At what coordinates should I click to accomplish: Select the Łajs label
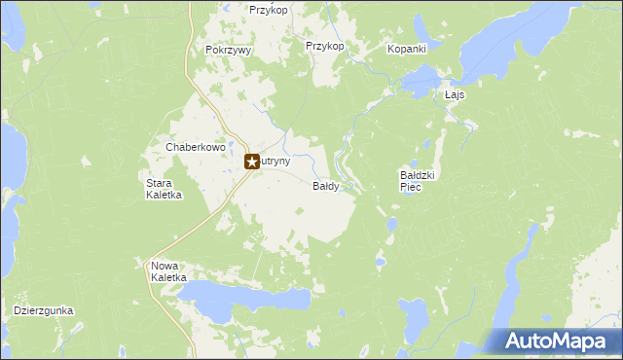pyautogui.click(x=455, y=95)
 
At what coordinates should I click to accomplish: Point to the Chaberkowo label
pyautogui.click(x=196, y=147)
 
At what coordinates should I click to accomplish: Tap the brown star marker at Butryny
pyautogui.click(x=251, y=162)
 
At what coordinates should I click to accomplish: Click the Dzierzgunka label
pyautogui.click(x=44, y=311)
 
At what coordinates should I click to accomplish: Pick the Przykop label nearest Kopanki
pyautogui.click(x=325, y=46)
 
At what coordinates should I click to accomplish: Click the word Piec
pyautogui.click(x=410, y=187)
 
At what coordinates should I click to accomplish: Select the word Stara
pyautogui.click(x=159, y=183)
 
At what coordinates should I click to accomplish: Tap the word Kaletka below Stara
pyautogui.click(x=165, y=195)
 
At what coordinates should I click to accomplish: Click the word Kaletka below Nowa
pyautogui.click(x=168, y=277)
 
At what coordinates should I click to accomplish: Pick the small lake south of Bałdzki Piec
pyautogui.click(x=390, y=226)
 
